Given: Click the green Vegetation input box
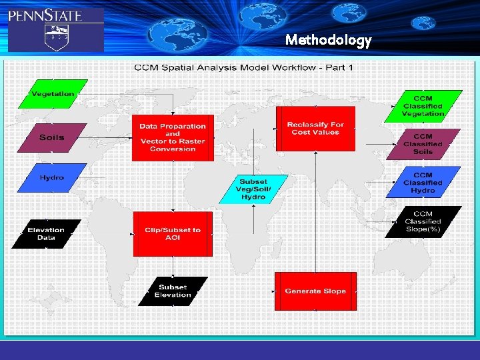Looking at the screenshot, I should pyautogui.click(x=53, y=94).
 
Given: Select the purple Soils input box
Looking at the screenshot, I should pyautogui.click(x=52, y=137).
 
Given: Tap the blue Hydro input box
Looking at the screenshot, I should pyautogui.click(x=52, y=178).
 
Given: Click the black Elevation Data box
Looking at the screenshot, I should pyautogui.click(x=46, y=234).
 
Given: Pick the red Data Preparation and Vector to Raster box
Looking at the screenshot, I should pyautogui.click(x=173, y=138).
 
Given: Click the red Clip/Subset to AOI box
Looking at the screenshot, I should pyautogui.click(x=173, y=234).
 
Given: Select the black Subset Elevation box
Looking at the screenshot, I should pyautogui.click(x=173, y=291).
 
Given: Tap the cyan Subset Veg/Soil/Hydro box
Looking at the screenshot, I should pyautogui.click(x=253, y=190).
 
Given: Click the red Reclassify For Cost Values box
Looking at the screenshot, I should pyautogui.click(x=315, y=128).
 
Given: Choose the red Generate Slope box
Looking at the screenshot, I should pyautogui.click(x=315, y=291).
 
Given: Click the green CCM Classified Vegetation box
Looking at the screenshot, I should pyautogui.click(x=423, y=106).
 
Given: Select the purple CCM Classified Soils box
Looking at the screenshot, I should pyautogui.click(x=423, y=144).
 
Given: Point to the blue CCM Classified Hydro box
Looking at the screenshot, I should pyautogui.click(x=423, y=182).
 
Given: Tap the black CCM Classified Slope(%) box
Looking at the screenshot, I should pyautogui.click(x=423, y=221).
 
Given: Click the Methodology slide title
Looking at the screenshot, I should pyautogui.click(x=328, y=40).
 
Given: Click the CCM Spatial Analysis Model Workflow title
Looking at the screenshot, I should pyautogui.click(x=244, y=67).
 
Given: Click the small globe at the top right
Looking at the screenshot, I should pyautogui.click(x=423, y=23).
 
